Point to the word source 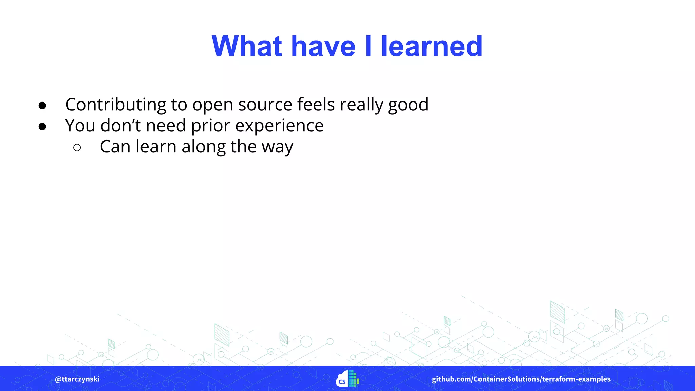[x=265, y=105]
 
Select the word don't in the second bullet [x=120, y=126]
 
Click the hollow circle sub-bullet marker [x=77, y=148]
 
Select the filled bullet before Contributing [x=42, y=106]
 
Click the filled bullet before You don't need [x=42, y=127]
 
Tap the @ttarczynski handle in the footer [x=77, y=379]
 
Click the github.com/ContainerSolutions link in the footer [x=521, y=379]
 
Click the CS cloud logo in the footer [x=347, y=379]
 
